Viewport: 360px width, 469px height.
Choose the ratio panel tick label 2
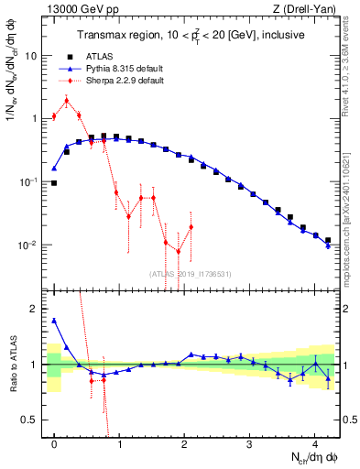(34, 309)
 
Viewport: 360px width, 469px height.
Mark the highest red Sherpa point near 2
(66, 101)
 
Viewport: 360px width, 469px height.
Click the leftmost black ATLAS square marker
(54, 183)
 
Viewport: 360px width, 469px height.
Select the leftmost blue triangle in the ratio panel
(54, 321)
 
